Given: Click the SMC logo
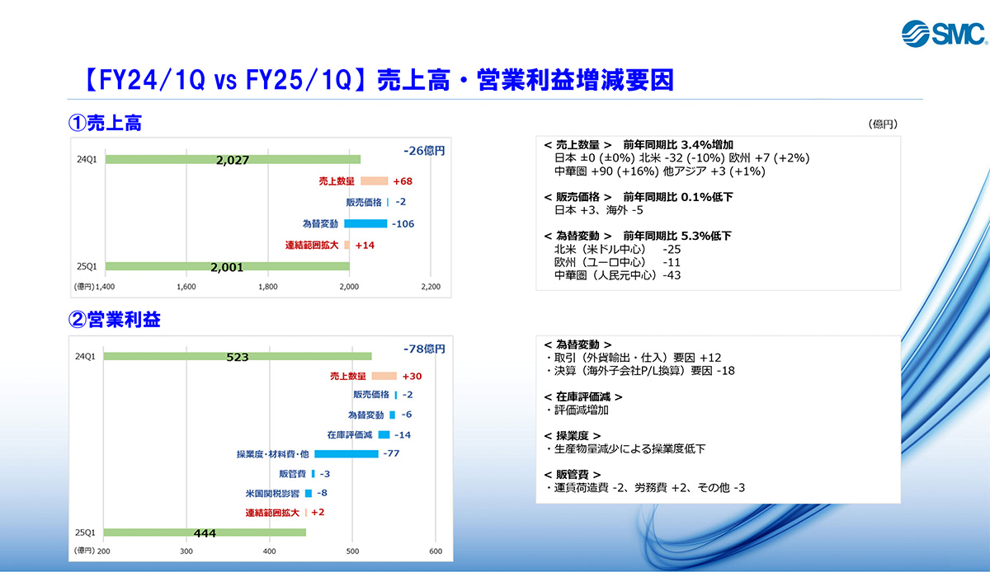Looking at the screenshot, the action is pos(944,33).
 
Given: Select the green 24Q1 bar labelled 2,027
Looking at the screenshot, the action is pos(233,159).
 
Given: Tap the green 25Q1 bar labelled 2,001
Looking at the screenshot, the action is pos(227,266).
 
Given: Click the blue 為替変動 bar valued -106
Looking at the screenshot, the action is pos(365,223).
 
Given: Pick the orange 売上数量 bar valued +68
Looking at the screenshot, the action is pos(375,181).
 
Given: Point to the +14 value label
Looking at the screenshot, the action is pos(365,245).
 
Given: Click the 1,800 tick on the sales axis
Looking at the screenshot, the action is pos(268,287).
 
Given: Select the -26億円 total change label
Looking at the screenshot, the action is pos(424,151).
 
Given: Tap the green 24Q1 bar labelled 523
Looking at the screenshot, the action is pos(238,356).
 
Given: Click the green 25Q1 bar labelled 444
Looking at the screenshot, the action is pos(205,532).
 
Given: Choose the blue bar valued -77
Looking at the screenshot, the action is pos(346,453).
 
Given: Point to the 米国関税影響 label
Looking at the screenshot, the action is pos(272,494).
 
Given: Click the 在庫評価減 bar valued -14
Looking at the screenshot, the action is pos(384,434).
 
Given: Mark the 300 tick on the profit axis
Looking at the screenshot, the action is pos(186,551).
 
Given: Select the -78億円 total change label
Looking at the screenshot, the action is pos(424,349).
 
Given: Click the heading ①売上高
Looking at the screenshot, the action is pos(105,123).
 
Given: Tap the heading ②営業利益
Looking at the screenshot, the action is pos(114,319).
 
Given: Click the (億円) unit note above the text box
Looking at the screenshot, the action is pos(883,124).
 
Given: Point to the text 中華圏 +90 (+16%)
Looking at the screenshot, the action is pos(606,171).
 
